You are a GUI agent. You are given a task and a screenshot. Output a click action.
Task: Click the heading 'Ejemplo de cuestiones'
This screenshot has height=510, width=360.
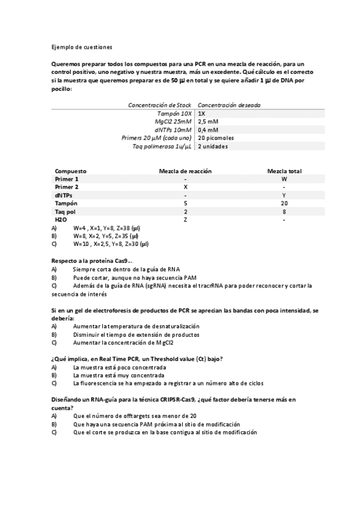pos(81,46)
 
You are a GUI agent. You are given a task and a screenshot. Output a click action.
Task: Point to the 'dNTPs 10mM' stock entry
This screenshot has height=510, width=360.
pos(173,129)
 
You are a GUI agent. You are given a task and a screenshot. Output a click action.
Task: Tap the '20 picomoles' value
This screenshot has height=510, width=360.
pos(216,138)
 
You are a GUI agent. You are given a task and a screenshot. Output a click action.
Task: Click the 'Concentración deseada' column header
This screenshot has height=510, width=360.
pos(229,105)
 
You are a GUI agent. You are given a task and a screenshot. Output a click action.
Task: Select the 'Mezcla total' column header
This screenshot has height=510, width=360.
pos(284,171)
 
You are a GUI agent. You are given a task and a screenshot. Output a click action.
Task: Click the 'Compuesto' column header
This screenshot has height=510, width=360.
pos(71,171)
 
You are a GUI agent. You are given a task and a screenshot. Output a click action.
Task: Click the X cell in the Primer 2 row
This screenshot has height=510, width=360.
pos(185,187)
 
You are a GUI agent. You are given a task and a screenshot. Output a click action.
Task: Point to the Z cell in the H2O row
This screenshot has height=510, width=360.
pos(185,220)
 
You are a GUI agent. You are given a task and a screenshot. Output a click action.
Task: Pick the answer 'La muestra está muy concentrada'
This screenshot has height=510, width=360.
pos(119,375)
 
